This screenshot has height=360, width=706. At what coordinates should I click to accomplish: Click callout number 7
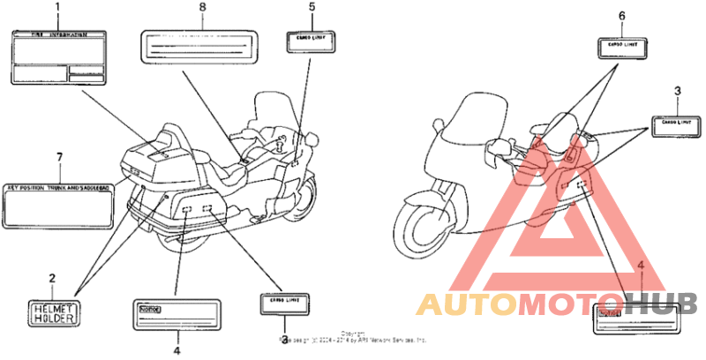(59, 157)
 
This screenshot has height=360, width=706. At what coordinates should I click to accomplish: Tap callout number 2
(52, 279)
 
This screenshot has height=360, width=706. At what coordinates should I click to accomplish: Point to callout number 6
(621, 16)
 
